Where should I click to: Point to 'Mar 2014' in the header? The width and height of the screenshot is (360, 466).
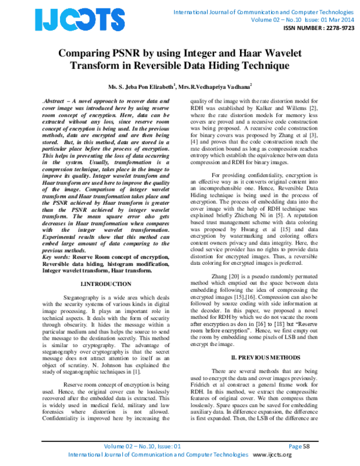tap(338, 19)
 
